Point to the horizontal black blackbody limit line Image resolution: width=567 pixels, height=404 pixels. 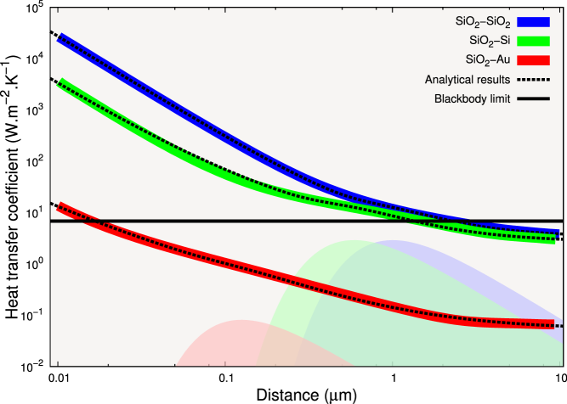(255, 221)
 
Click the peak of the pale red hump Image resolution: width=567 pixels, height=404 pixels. (241, 321)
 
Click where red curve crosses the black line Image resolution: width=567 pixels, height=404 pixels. (91, 221)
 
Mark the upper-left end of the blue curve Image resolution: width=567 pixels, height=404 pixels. (59, 38)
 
